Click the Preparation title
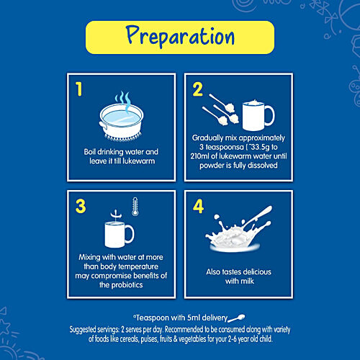coord(180,36)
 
